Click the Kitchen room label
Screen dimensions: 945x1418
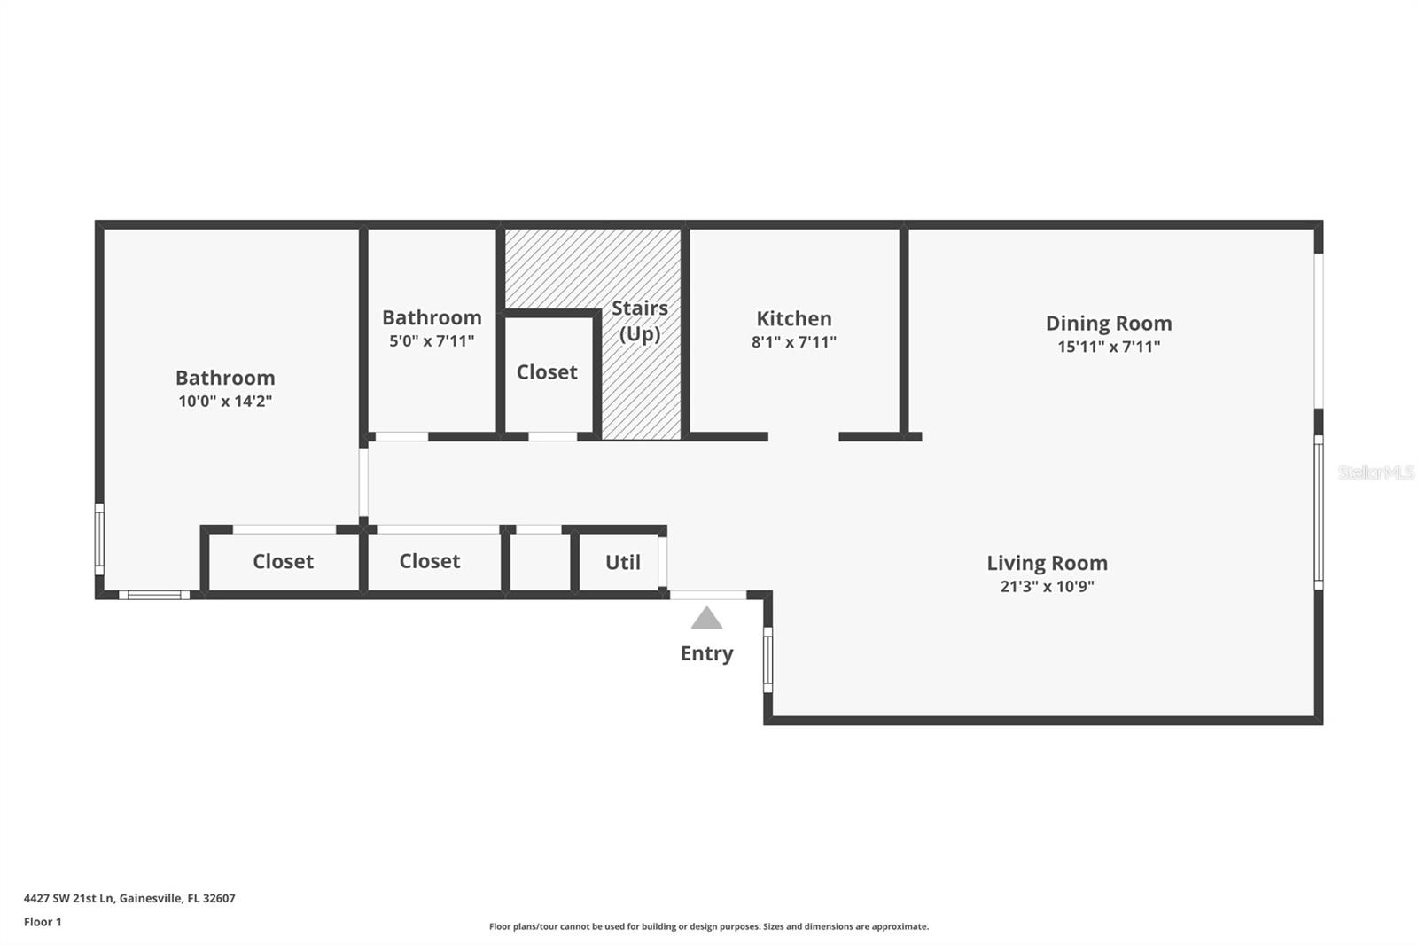tap(793, 318)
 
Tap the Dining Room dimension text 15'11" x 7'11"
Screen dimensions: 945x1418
tap(1108, 347)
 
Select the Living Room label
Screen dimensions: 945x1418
tap(1047, 563)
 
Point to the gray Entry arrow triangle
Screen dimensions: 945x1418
tap(706, 619)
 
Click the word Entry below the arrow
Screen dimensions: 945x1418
tap(706, 653)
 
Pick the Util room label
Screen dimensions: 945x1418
tap(622, 562)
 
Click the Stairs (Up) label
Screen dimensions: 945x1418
tap(639, 320)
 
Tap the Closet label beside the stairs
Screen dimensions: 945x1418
tap(547, 372)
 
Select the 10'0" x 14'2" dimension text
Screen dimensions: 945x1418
tap(225, 401)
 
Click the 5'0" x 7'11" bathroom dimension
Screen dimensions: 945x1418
tap(432, 341)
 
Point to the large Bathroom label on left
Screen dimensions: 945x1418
tap(225, 378)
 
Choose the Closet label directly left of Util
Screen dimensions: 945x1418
tap(429, 561)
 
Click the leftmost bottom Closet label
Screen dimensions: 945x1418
tap(283, 561)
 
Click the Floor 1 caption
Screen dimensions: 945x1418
tap(43, 922)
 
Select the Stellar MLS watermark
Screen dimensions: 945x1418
tap(1375, 472)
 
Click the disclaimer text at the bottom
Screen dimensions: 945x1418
tap(708, 926)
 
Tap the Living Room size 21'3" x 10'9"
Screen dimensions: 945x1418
tap(1047, 586)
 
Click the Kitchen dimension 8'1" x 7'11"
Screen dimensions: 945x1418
tap(793, 342)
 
